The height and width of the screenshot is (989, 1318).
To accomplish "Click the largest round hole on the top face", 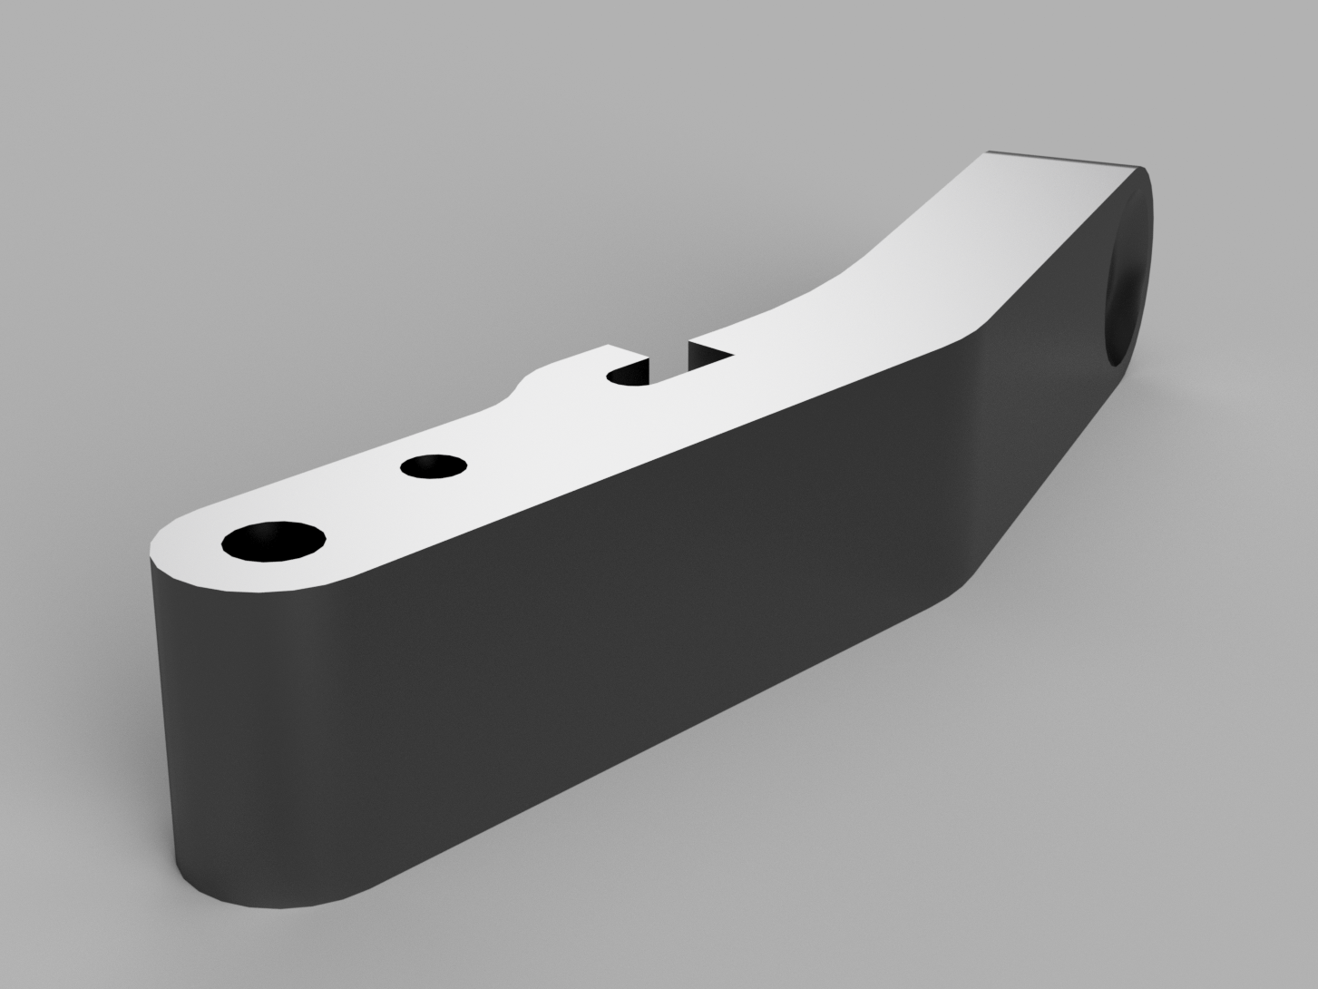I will click(x=274, y=542).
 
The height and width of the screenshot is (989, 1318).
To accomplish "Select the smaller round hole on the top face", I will click(x=434, y=466).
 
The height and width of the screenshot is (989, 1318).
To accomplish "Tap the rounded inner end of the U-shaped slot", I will click(x=620, y=375).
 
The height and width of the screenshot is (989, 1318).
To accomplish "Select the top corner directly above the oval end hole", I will click(x=1139, y=168).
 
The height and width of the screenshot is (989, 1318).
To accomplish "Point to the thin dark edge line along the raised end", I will click(x=1066, y=160).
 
